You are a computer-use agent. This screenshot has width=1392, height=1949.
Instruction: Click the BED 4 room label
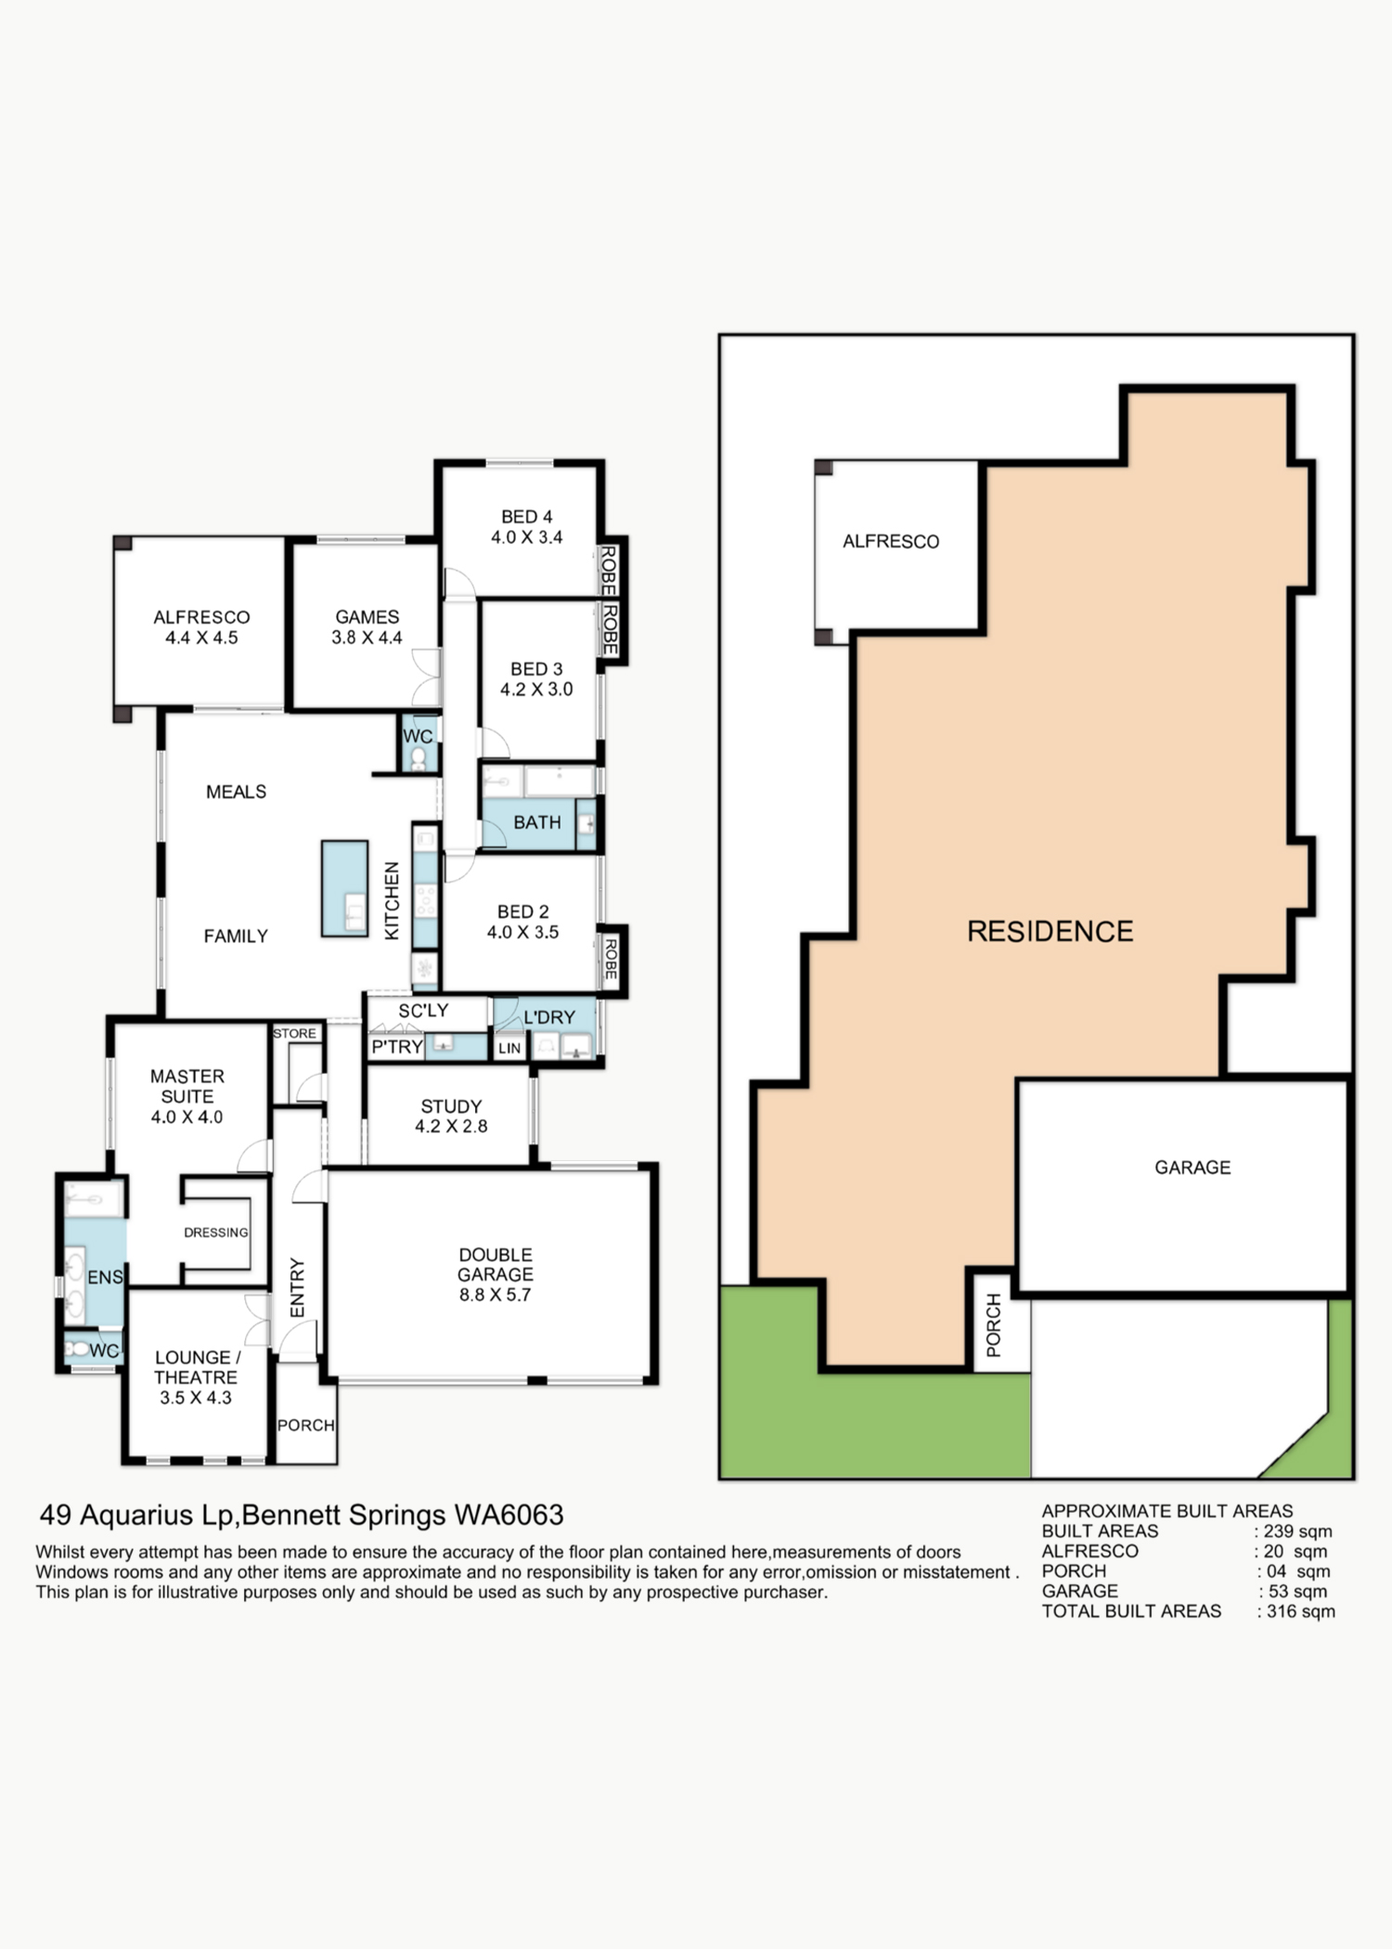(526, 517)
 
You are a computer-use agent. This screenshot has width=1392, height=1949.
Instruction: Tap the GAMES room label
(367, 617)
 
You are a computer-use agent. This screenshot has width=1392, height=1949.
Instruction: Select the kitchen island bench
(344, 888)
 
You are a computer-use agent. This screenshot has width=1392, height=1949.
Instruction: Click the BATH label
(537, 822)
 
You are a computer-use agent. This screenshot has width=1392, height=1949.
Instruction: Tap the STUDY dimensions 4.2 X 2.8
(451, 1127)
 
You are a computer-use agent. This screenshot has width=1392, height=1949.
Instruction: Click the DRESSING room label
(216, 1233)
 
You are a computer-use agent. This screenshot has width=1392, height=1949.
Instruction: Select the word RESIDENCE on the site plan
(1050, 932)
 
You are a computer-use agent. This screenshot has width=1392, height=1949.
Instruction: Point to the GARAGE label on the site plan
(1192, 1168)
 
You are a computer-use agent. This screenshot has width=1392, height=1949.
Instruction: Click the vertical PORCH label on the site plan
(994, 1325)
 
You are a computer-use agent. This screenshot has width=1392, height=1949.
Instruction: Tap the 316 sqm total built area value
(1301, 1611)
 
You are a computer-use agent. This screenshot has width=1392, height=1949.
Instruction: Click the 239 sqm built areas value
(1298, 1531)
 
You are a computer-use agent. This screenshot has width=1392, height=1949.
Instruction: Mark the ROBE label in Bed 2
(611, 959)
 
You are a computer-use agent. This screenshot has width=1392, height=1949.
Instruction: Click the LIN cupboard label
(509, 1049)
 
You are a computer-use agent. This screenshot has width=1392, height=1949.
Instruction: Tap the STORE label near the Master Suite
(294, 1033)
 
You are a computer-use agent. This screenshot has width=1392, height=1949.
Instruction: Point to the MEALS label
(236, 792)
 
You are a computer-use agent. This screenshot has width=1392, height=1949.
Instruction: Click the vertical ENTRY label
(297, 1287)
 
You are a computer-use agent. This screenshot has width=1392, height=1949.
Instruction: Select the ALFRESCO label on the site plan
(891, 541)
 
